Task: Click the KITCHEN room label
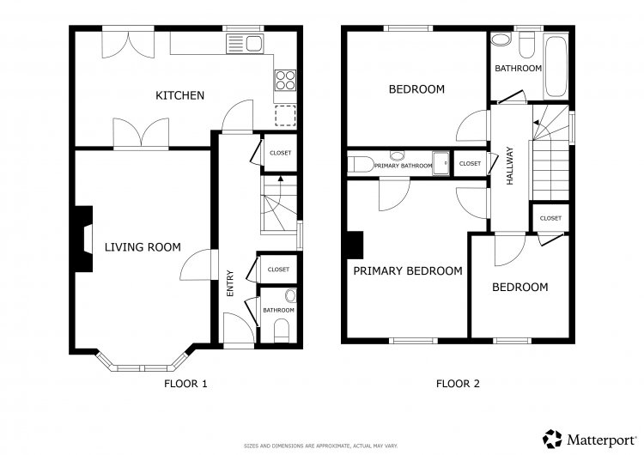point(179,95)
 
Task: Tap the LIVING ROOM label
point(143,246)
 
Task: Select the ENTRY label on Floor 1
point(230,283)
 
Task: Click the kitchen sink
point(245,44)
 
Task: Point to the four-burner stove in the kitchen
point(285,80)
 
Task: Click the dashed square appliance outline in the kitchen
point(285,115)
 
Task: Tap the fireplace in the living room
point(83,239)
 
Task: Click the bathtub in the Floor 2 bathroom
point(556,66)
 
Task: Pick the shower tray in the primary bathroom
point(441,163)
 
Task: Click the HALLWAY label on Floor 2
point(510,166)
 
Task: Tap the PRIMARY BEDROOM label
point(408,271)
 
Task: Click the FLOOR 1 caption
point(185,384)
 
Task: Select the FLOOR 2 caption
point(458,384)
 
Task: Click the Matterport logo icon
point(552,439)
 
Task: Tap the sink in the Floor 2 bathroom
point(501,39)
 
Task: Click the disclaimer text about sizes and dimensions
point(321,446)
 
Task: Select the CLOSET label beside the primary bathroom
point(470,163)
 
